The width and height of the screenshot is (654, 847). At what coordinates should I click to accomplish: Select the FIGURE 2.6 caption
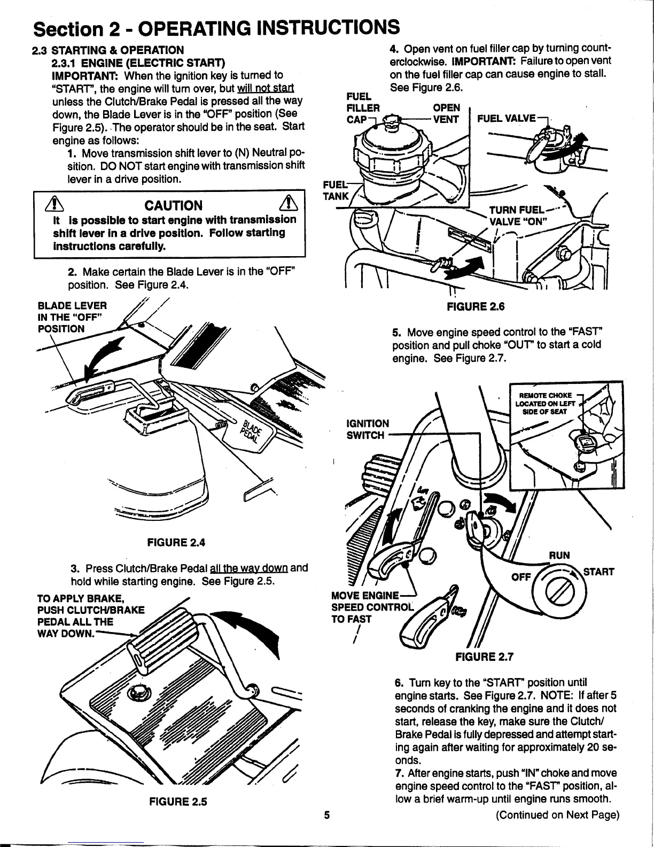[476, 306]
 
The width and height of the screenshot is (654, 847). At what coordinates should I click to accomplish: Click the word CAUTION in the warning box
[174, 206]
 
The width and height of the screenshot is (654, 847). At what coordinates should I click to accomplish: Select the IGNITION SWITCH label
[368, 429]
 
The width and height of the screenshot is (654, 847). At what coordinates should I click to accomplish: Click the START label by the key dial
[598, 572]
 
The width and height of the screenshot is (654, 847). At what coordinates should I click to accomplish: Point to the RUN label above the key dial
[559, 555]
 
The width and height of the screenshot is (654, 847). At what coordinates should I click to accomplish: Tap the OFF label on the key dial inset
[521, 577]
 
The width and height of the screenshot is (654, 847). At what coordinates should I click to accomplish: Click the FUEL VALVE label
[506, 118]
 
